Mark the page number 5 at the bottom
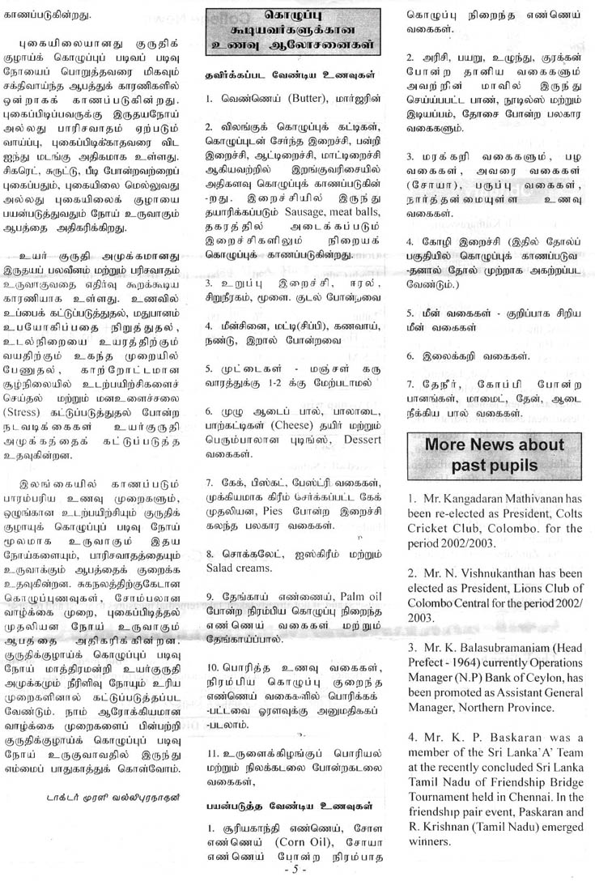pyautogui.click(x=296, y=870)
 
